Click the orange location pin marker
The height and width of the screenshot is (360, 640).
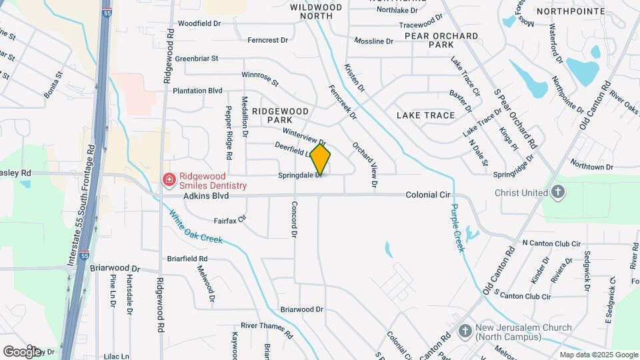pos(320,159)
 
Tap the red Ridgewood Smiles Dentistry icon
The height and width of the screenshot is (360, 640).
pos(169,179)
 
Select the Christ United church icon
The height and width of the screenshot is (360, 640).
pos(559,193)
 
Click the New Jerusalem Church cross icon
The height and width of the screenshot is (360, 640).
pos(467,331)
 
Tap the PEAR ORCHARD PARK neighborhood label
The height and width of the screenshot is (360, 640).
pos(441,40)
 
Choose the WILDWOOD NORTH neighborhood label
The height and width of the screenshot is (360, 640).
pos(316,11)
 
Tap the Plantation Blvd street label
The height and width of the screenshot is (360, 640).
pos(197,91)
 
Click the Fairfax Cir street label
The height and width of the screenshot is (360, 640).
pos(230,219)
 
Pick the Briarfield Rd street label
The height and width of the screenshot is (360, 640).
pos(187,258)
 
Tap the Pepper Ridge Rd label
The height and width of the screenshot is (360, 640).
pos(229,132)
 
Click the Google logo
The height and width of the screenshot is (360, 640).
pos(21,351)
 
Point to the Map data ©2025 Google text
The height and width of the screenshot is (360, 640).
pos(599,355)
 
